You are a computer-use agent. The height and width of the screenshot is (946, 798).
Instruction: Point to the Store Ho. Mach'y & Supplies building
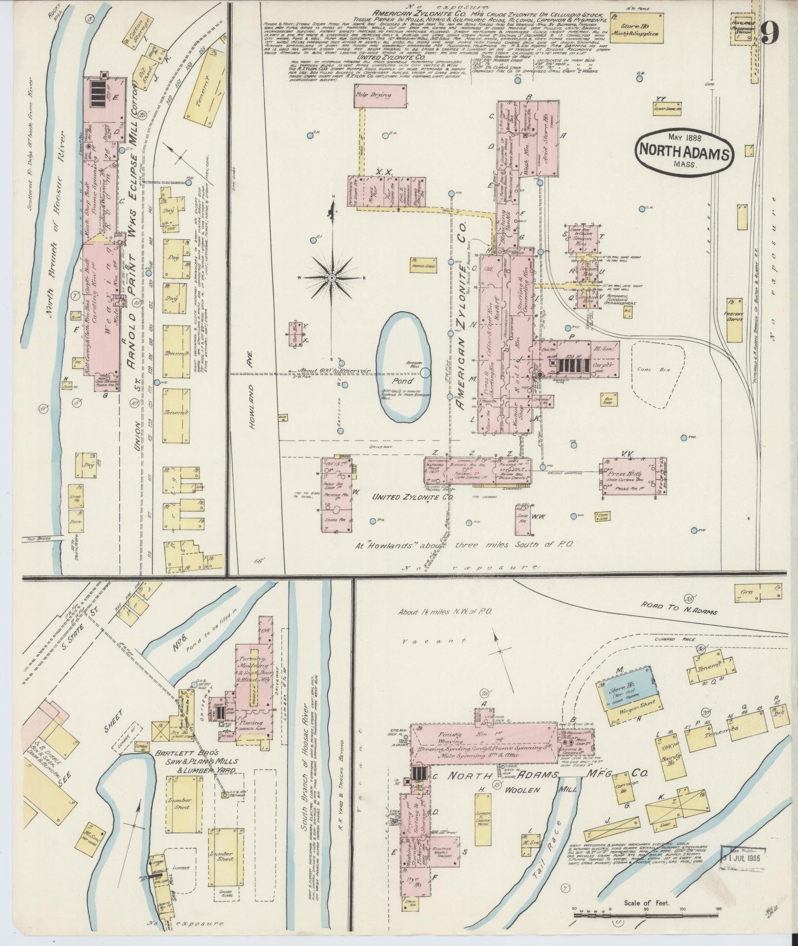coord(641,29)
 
